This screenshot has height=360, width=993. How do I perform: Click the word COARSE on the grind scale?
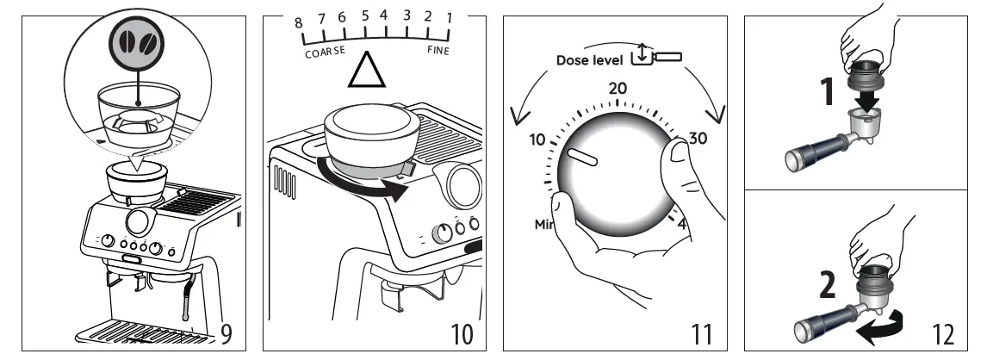[325, 52]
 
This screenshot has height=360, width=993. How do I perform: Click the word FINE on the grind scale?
[438, 51]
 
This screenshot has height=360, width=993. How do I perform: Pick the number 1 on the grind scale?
[449, 16]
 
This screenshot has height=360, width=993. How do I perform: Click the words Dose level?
[589, 60]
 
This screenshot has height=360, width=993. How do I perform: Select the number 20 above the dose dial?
[618, 88]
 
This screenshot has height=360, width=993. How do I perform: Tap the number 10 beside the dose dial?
[537, 140]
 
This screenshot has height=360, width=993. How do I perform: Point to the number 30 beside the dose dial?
[697, 139]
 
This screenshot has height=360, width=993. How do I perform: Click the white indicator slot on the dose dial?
[583, 156]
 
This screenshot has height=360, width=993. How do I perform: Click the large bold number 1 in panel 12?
[828, 92]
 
